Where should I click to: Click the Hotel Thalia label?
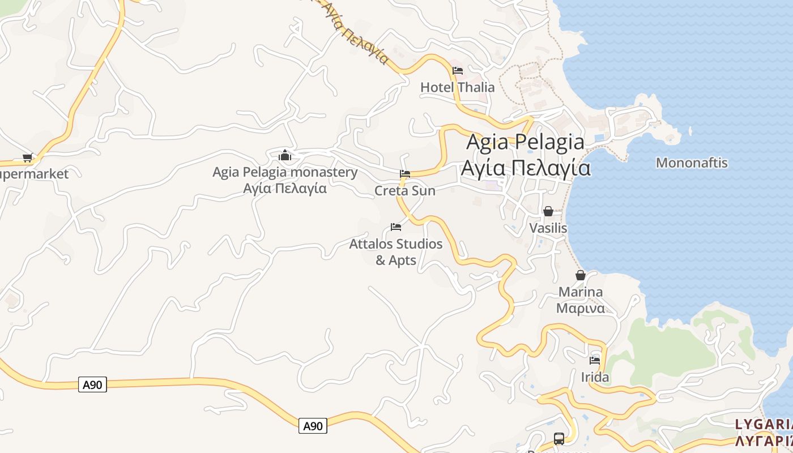click(457, 87)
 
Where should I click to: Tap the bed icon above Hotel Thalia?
click(458, 71)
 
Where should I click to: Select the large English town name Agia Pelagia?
click(525, 142)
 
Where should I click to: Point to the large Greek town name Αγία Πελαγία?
click(525, 168)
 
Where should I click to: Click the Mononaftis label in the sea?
click(691, 163)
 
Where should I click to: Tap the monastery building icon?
click(285, 155)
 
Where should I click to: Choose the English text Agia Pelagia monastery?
click(285, 172)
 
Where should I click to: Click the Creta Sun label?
click(405, 191)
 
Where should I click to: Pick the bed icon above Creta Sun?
click(405, 174)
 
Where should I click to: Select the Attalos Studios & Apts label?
click(396, 252)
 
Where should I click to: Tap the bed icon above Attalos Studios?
click(396, 227)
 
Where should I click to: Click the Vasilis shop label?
click(548, 228)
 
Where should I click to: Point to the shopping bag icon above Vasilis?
click(548, 212)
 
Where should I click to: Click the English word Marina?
click(581, 292)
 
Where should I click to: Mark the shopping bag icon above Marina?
click(581, 276)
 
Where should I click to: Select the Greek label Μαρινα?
click(581, 308)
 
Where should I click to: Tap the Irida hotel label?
click(595, 377)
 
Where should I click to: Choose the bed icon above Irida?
click(595, 360)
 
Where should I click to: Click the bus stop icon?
click(559, 438)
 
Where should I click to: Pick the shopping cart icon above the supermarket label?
click(27, 157)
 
